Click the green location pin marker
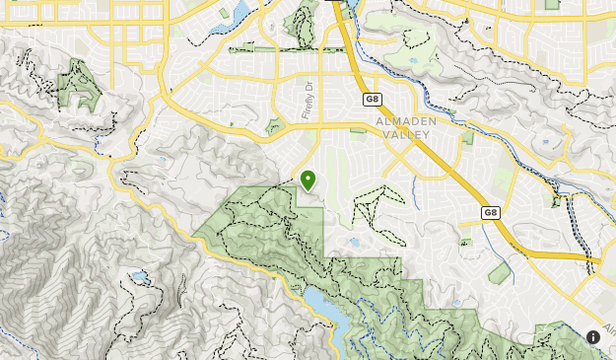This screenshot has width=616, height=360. click(x=308, y=180)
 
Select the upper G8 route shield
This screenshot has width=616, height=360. click(x=372, y=99)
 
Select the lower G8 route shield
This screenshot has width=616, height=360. click(x=490, y=212)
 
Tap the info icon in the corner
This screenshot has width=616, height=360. click(x=593, y=336)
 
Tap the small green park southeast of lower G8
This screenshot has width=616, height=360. click(x=501, y=273)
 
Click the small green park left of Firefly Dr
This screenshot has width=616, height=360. click(x=274, y=126)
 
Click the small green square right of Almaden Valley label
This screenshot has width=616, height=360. click(x=466, y=138)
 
